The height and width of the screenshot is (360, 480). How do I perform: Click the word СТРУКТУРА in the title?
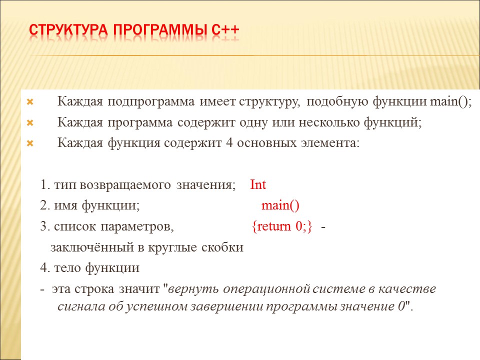point(68,30)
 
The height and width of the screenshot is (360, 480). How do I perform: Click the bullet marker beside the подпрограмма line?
point(30,102)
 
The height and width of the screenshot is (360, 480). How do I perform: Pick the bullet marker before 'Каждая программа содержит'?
point(30,123)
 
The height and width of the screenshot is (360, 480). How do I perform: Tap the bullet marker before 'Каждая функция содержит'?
point(30,143)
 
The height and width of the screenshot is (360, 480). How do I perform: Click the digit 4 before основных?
point(229,142)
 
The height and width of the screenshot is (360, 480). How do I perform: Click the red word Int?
point(258,184)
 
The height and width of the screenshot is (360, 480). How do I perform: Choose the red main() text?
point(280,205)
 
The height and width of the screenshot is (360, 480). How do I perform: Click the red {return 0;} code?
point(282,226)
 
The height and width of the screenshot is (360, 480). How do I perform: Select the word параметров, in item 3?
point(137,227)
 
